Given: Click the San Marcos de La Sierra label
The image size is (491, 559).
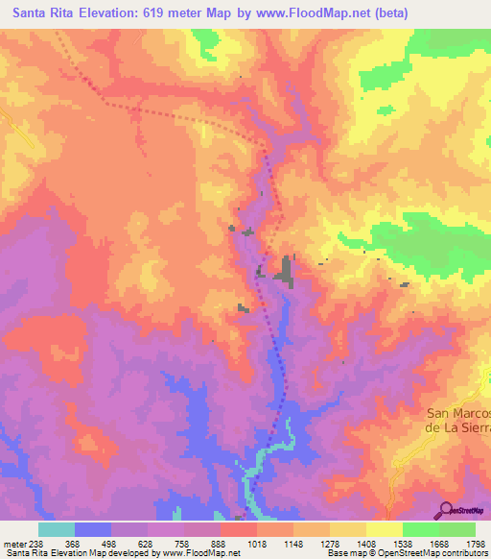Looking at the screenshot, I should coord(458,420).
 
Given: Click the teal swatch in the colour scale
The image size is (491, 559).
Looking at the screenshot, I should coord(57,529).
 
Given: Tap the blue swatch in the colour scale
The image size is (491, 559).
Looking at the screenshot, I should coord(93,529).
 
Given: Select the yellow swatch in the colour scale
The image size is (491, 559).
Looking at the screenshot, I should coord(384,529).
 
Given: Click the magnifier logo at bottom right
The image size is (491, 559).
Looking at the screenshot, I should coord(447,509).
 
